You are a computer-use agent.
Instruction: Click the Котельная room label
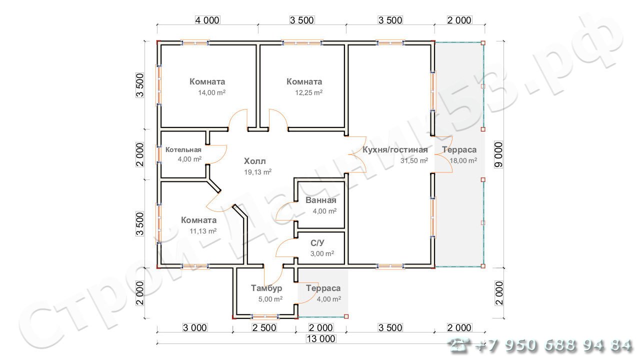(183, 149)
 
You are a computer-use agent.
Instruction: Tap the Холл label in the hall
(255, 161)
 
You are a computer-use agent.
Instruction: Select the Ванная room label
(321, 200)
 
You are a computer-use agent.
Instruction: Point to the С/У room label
(317, 243)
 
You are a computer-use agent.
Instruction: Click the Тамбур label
(266, 288)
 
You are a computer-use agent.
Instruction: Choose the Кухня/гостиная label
(395, 149)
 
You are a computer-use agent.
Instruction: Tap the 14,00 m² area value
(211, 92)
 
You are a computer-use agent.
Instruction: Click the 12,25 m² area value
(308, 92)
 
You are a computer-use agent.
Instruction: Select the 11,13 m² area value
(203, 231)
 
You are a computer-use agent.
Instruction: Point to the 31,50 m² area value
(414, 160)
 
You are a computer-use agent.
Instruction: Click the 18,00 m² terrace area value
(463, 160)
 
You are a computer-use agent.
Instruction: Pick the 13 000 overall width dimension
(321, 339)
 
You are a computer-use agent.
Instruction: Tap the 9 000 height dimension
(498, 154)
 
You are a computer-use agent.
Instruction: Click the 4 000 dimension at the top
(207, 20)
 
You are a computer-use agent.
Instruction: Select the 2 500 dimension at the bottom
(264, 327)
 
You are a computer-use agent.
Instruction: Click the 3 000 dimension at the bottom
(195, 327)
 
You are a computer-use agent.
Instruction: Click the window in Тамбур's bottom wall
(265, 316)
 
